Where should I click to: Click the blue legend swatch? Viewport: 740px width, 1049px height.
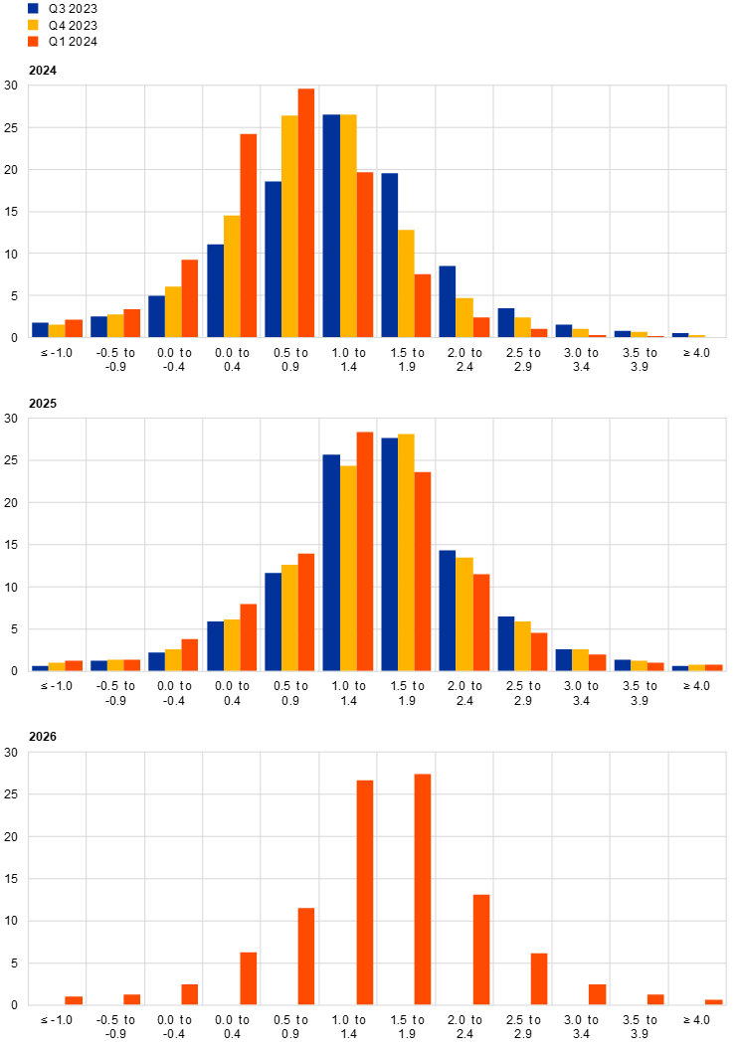click(33, 8)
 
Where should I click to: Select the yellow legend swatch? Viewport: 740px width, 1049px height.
click(33, 25)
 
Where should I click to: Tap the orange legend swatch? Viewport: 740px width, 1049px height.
click(33, 42)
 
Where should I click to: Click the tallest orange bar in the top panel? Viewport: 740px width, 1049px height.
click(306, 213)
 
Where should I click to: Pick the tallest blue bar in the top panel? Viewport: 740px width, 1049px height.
click(330, 226)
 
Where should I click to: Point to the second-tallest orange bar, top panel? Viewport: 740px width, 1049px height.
click(249, 235)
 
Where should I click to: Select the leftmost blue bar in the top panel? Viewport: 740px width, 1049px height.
click(40, 330)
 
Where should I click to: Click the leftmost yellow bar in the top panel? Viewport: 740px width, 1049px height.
click(57, 331)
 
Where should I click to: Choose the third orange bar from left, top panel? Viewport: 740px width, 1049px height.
click(190, 298)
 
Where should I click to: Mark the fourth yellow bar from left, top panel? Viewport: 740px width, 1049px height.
click(232, 275)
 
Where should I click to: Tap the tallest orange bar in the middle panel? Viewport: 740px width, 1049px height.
click(365, 551)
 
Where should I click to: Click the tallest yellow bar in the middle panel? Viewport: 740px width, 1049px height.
click(407, 552)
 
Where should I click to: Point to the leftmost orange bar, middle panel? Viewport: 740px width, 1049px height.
click(74, 665)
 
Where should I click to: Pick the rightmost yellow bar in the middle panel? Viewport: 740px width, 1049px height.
click(697, 667)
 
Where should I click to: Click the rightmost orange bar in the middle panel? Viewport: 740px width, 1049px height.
click(714, 667)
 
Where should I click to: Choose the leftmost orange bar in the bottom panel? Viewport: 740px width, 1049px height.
click(74, 1000)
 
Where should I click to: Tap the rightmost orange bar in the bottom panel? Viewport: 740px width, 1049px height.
click(714, 1002)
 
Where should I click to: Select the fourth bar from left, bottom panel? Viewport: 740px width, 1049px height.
click(249, 978)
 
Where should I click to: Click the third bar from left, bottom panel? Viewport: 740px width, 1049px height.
click(190, 994)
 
